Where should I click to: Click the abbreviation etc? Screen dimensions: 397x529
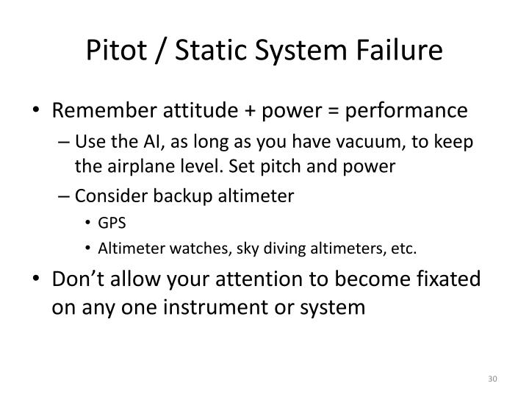(403, 248)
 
